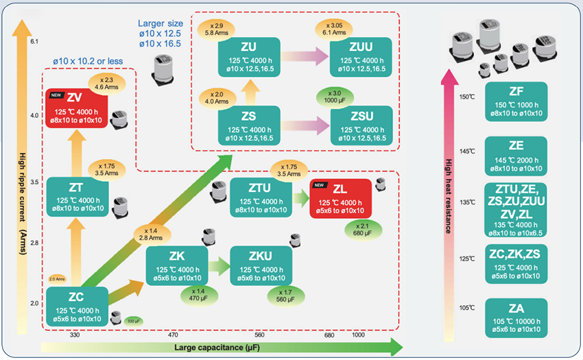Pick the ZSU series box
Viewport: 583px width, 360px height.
[x=361, y=124]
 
